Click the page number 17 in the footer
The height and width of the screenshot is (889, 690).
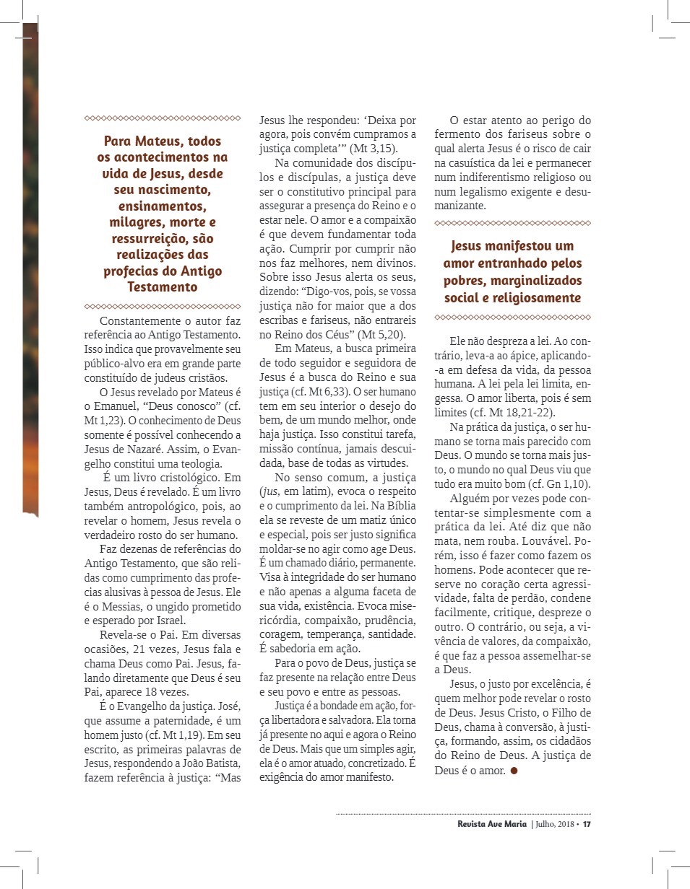(587, 824)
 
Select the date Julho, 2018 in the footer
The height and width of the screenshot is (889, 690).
(553, 824)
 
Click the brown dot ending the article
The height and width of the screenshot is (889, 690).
(514, 771)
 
